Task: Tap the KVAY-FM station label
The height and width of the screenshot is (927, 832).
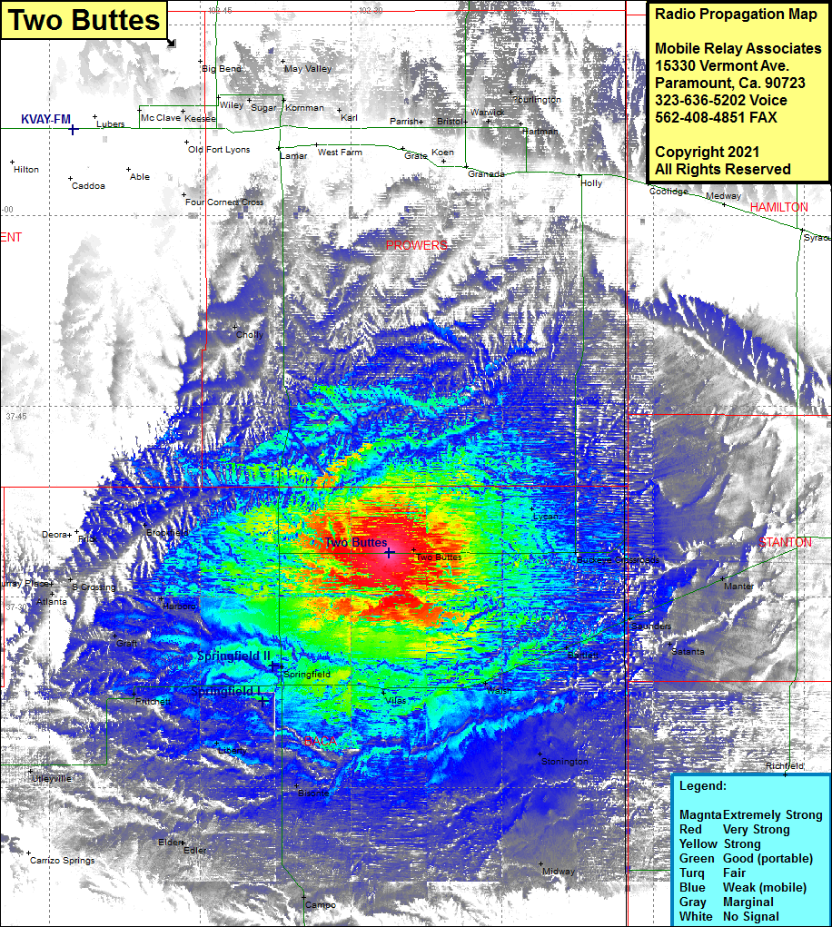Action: pos(46,119)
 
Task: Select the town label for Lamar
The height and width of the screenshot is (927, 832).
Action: pos(293,156)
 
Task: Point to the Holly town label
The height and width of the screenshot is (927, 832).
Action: pos(591,183)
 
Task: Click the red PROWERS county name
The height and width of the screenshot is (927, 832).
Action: pos(417,246)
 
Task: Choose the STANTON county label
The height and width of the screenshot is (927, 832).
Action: pos(786,542)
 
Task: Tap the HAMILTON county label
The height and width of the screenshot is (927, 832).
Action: pos(778,208)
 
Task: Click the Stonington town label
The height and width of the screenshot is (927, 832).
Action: pos(565,762)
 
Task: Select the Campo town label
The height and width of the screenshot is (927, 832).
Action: pos(321,905)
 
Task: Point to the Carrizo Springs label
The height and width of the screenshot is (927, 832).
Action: pos(62,860)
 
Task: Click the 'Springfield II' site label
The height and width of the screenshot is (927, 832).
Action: pos(234,656)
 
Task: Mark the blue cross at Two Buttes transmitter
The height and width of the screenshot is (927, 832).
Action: pos(389,552)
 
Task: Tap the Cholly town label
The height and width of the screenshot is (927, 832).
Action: pos(250,335)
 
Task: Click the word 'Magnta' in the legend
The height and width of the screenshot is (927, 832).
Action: pos(700,815)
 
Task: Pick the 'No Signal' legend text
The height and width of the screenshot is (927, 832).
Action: pos(750,917)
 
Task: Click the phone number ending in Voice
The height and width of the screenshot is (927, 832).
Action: pos(721,100)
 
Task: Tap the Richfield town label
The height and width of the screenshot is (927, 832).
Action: pos(784,766)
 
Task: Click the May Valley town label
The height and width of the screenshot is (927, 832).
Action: pos(308,69)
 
